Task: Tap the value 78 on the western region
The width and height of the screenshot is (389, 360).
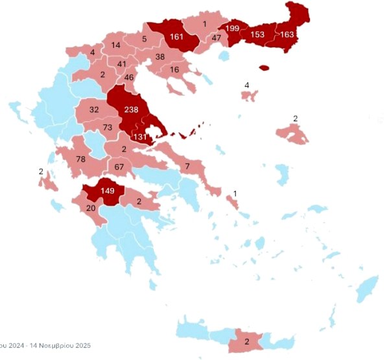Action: click(81, 160)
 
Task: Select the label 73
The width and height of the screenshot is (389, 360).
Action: click(108, 126)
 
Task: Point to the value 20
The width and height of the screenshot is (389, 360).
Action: click(91, 208)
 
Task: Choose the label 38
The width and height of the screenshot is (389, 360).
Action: click(159, 57)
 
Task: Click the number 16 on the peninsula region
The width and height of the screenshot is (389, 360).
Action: click(174, 70)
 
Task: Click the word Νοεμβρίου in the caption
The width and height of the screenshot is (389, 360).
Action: click(41, 345)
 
